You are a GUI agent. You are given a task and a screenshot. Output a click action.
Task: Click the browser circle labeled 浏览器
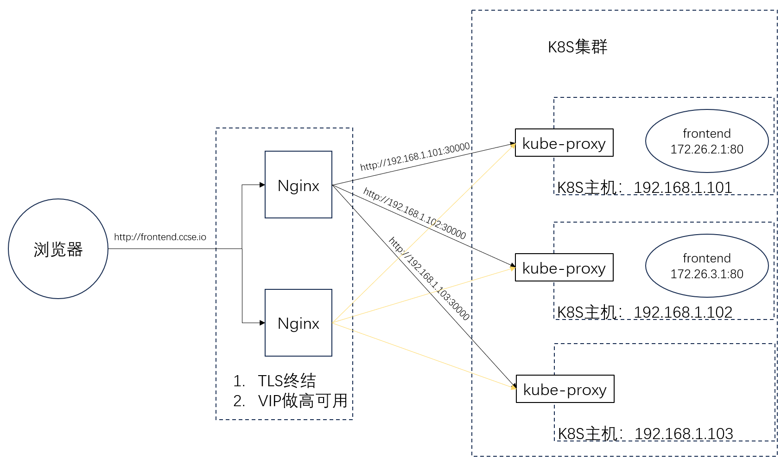tap(58, 249)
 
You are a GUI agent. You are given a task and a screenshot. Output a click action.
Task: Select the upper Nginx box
tap(298, 185)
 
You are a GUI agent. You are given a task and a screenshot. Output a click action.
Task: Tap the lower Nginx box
tap(298, 323)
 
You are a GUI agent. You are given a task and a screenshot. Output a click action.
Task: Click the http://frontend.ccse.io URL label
tap(160, 237)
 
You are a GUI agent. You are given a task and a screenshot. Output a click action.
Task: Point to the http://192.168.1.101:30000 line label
tap(415, 157)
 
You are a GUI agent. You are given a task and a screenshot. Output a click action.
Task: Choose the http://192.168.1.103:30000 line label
tap(429, 279)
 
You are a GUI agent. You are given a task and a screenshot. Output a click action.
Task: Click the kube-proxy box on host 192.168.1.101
tap(564, 143)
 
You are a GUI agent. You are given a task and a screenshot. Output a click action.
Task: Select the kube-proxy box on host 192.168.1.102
tap(564, 268)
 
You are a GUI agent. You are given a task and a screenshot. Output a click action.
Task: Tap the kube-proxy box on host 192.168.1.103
tap(565, 389)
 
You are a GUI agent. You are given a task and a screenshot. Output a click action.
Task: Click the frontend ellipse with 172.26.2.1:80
tap(707, 141)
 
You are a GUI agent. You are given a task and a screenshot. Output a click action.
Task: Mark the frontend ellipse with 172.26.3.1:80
tap(707, 266)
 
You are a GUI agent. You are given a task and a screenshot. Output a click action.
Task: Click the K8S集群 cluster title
tap(578, 47)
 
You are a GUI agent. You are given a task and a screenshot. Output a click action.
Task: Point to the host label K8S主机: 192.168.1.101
tap(644, 187)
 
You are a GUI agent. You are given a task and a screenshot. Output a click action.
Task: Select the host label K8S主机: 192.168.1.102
tap(644, 312)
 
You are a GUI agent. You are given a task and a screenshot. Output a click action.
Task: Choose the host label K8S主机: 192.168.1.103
tap(645, 434)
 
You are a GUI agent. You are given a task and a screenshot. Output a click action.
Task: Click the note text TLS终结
tap(286, 381)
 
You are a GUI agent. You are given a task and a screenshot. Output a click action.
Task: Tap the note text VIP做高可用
tap(302, 401)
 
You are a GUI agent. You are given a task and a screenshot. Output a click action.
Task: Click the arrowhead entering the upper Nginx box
tap(262, 185)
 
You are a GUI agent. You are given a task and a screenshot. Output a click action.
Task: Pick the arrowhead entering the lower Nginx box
tap(262, 323)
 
